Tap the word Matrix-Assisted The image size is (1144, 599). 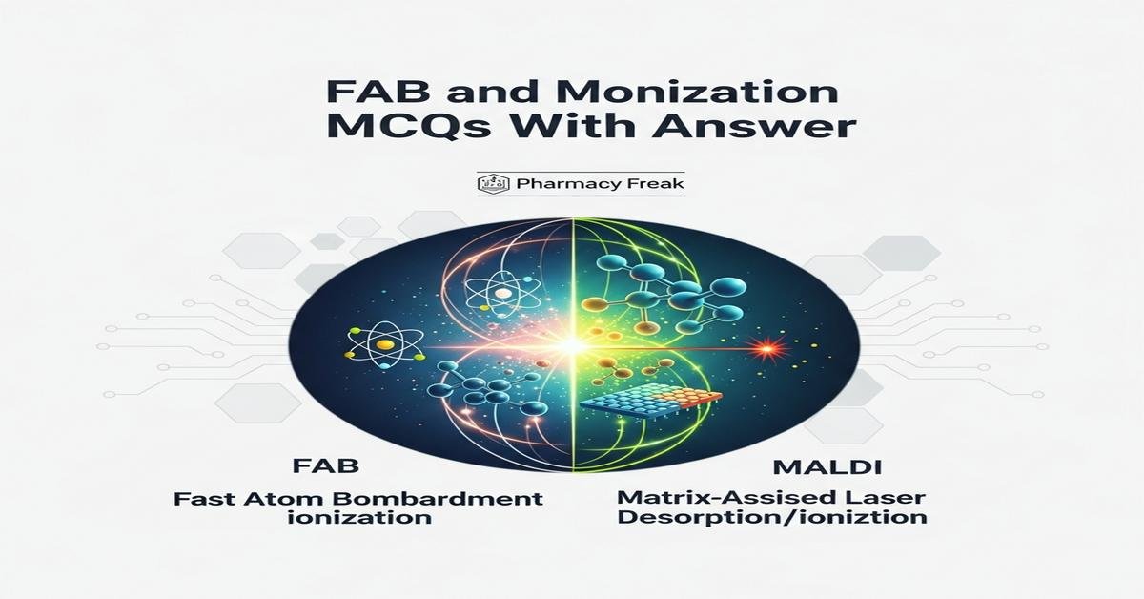pyautogui.click(x=719, y=497)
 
